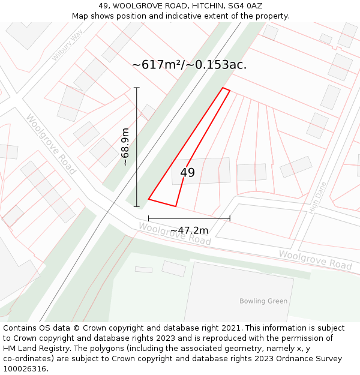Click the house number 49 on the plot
click(187, 173)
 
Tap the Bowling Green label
click(263, 301)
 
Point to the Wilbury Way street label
click(67, 45)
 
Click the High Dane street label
click(317, 198)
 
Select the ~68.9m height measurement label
click(125, 147)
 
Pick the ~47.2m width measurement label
click(189, 230)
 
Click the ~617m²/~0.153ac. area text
click(189, 65)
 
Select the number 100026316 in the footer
click(25, 368)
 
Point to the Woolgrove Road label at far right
click(315, 259)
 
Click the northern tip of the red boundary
click(224, 88)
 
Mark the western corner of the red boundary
click(149, 199)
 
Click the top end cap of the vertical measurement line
click(137, 88)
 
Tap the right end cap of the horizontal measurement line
click(230, 218)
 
